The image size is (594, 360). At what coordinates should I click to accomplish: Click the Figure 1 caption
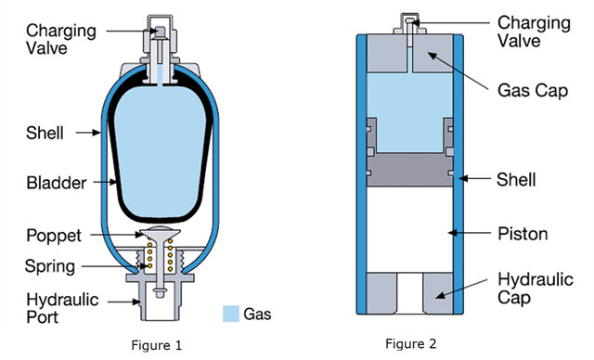click(x=157, y=345)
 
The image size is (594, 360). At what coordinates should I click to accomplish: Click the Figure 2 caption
click(x=410, y=343)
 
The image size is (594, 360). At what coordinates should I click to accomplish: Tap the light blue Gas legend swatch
click(x=231, y=314)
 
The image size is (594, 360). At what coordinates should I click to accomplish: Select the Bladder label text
click(x=57, y=183)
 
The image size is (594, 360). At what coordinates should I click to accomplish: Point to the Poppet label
click(x=54, y=236)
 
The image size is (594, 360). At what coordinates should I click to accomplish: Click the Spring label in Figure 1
click(x=50, y=266)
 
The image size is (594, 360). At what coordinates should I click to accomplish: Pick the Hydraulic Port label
click(x=62, y=308)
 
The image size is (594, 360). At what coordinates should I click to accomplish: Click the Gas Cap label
click(x=533, y=91)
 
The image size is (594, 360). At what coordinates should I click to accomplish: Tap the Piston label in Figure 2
click(x=523, y=234)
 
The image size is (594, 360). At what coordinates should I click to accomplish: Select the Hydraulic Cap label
click(x=535, y=289)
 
